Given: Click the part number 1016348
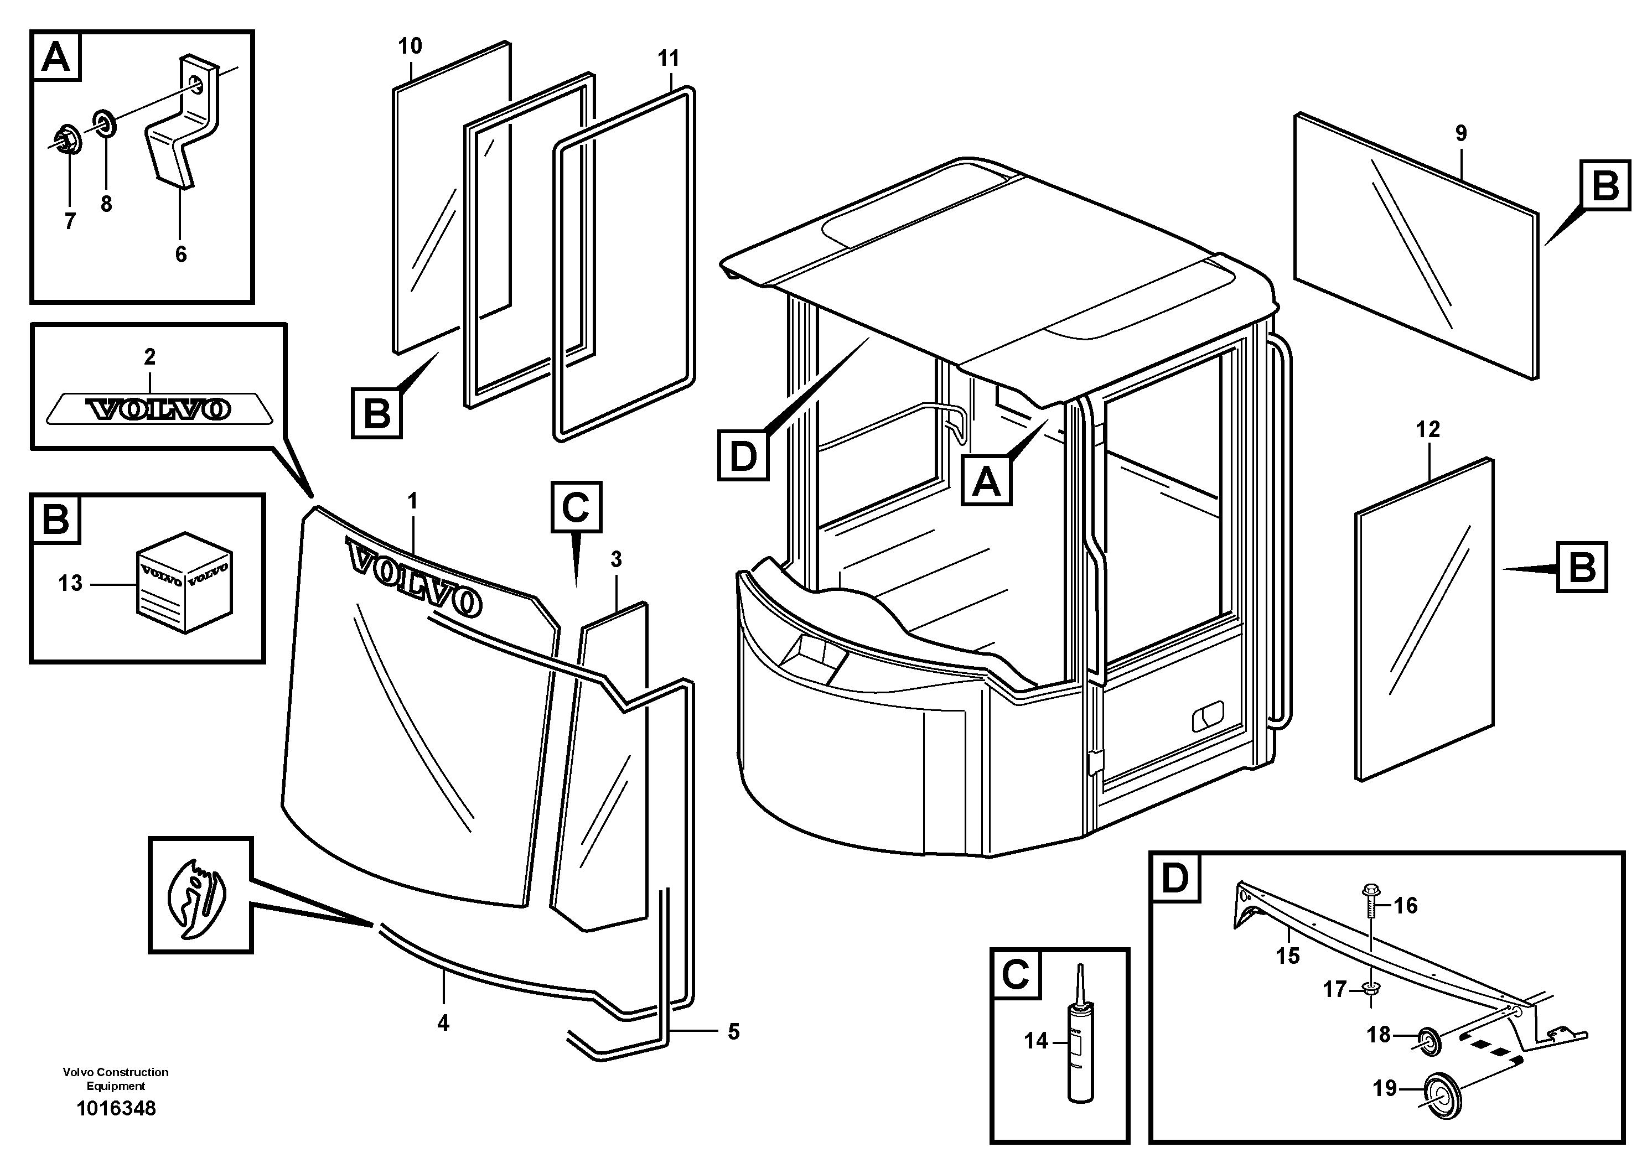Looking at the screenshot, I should [116, 1109].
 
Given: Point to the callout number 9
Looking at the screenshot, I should [1460, 133].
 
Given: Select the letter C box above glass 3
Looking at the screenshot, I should [576, 507].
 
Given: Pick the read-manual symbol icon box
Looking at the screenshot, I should [200, 895].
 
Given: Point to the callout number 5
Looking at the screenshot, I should [733, 1032].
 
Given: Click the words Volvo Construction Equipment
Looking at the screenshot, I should [116, 1079].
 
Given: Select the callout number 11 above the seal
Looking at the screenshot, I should [668, 59].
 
